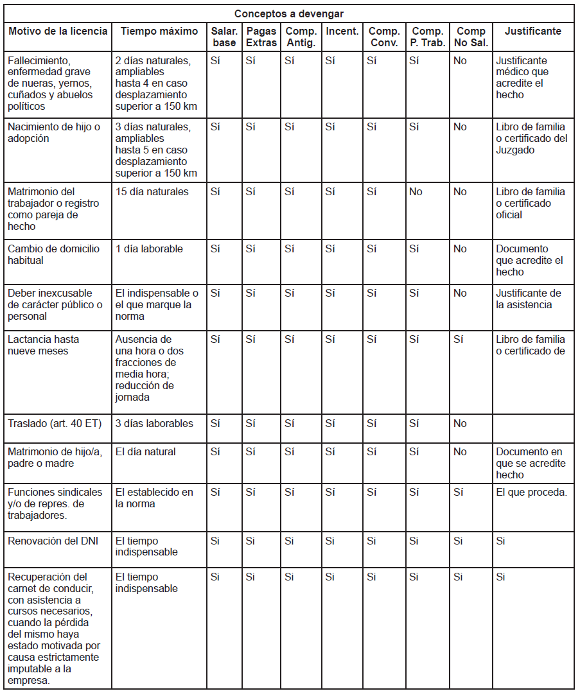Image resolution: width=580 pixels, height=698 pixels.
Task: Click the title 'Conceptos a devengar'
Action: [x=288, y=13]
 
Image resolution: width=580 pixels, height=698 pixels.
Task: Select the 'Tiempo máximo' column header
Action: [x=151, y=31]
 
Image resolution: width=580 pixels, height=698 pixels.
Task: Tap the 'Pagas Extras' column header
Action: [x=261, y=37]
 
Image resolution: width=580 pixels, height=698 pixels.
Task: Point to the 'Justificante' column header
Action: [x=532, y=31]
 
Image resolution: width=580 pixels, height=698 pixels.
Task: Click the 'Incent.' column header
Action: [x=342, y=31]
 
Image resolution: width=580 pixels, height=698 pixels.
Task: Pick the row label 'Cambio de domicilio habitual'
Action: [x=53, y=254]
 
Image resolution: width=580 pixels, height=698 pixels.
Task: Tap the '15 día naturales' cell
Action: [x=152, y=191]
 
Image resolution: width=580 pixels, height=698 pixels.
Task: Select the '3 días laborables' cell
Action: [x=154, y=423]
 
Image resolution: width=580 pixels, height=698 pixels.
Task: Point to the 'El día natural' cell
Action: [x=145, y=451]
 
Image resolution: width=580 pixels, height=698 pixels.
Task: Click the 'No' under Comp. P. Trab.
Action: [x=416, y=191]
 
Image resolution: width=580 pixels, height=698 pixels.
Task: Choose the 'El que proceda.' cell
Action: [x=531, y=492]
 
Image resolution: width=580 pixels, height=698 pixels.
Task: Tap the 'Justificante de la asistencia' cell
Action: [x=528, y=299]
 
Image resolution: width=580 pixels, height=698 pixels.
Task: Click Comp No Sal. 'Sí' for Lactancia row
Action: [x=459, y=339]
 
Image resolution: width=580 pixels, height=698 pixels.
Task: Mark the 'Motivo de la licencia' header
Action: [x=54, y=31]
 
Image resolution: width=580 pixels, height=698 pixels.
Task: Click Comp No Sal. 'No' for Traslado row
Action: [x=460, y=423]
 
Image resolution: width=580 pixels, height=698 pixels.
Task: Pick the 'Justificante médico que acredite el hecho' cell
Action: [x=522, y=78]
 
